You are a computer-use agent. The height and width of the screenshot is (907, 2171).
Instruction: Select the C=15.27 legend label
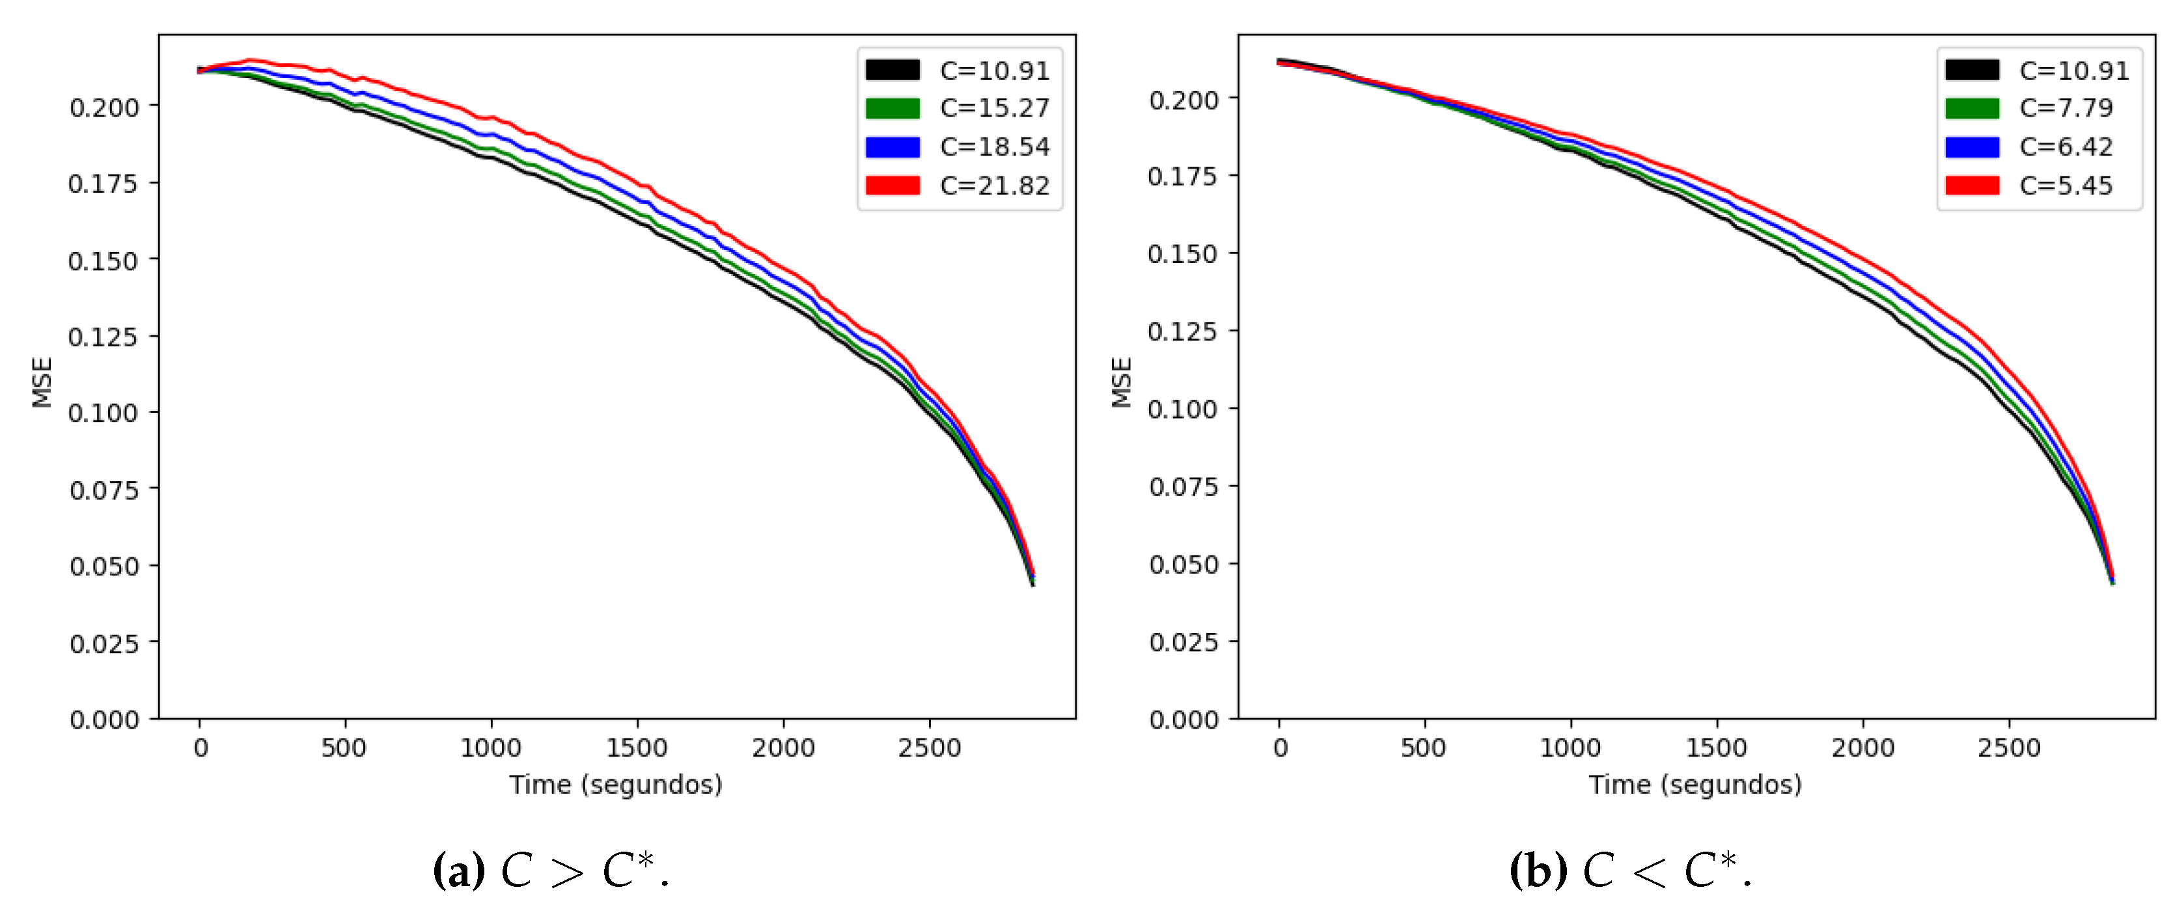pyautogui.click(x=995, y=108)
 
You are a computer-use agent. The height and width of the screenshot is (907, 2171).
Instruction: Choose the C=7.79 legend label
pyautogui.click(x=2066, y=108)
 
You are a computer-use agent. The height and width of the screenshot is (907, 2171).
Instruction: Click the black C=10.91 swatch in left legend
pyautogui.click(x=892, y=70)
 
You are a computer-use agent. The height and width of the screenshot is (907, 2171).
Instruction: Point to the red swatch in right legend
pyautogui.click(x=1971, y=186)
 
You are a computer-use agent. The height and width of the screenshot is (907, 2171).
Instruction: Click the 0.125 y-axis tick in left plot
pyautogui.click(x=103, y=337)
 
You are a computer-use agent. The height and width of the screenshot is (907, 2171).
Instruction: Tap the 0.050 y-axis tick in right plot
pyautogui.click(x=1183, y=564)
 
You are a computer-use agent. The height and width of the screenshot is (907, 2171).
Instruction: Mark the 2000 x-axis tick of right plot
pyautogui.click(x=1862, y=747)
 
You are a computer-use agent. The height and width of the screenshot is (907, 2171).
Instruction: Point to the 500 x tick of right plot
pyautogui.click(x=1424, y=747)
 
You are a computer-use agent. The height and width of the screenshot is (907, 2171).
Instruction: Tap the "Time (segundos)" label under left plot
pyautogui.click(x=615, y=785)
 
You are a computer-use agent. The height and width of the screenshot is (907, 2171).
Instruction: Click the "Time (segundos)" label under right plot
pyautogui.click(x=1695, y=785)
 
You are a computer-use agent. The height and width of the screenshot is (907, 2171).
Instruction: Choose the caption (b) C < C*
pyautogui.click(x=1630, y=870)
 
